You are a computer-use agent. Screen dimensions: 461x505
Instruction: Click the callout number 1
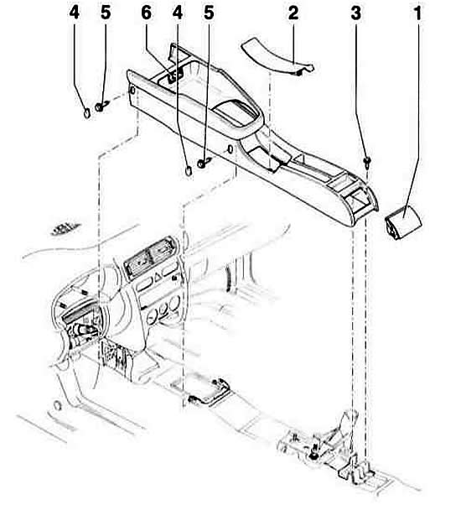click(417, 13)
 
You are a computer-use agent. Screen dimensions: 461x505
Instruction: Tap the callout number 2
click(293, 13)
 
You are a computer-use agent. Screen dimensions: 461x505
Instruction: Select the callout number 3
click(355, 13)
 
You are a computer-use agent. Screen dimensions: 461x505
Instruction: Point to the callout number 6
click(147, 13)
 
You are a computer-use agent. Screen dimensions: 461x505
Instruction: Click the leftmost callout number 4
click(75, 13)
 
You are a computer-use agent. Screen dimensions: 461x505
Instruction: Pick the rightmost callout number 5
click(209, 13)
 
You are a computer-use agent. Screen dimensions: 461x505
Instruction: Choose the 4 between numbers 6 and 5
click(178, 13)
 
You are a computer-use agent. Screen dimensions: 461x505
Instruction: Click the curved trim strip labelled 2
click(277, 56)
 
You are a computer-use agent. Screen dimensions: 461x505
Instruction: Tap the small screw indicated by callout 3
click(366, 162)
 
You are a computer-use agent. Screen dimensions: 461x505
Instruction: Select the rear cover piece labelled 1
click(403, 223)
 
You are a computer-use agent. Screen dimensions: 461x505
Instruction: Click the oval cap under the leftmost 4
click(87, 113)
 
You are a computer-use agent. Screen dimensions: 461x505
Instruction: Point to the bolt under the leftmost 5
click(102, 106)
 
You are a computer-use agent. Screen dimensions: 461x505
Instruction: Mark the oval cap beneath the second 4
click(189, 169)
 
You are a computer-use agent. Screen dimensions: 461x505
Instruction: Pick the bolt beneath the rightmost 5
click(204, 163)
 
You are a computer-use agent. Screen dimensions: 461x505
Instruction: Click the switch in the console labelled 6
click(173, 76)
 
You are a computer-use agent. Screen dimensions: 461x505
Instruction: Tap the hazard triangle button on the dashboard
click(158, 276)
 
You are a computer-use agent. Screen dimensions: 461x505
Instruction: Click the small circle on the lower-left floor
click(57, 405)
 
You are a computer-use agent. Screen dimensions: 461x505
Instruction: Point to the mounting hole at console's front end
click(132, 91)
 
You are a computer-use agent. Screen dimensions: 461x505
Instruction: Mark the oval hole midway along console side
click(230, 149)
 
